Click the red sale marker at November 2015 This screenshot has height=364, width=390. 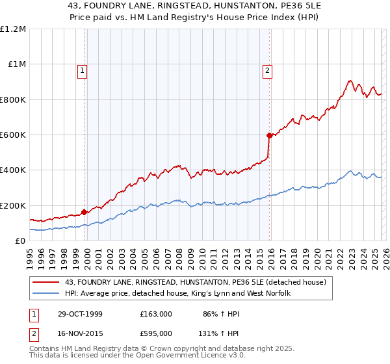click(x=268, y=136)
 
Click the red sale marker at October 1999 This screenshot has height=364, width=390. click(x=84, y=212)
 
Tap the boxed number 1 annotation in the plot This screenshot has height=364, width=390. click(x=83, y=72)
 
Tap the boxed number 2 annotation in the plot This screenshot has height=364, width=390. click(x=267, y=72)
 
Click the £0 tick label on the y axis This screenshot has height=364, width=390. click(x=20, y=241)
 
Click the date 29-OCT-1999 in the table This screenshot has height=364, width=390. click(x=77, y=314)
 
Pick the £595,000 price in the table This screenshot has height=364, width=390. click(x=156, y=332)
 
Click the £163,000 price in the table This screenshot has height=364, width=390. click(x=156, y=314)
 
